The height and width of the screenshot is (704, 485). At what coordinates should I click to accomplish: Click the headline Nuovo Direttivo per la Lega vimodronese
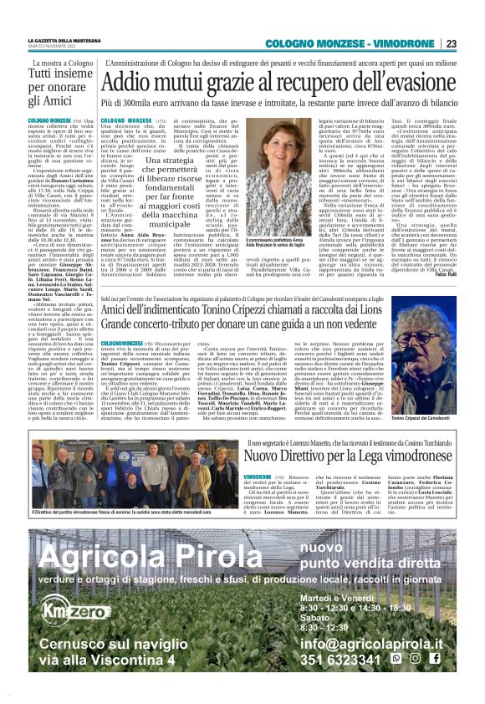pyautogui.click(x=330, y=455)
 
